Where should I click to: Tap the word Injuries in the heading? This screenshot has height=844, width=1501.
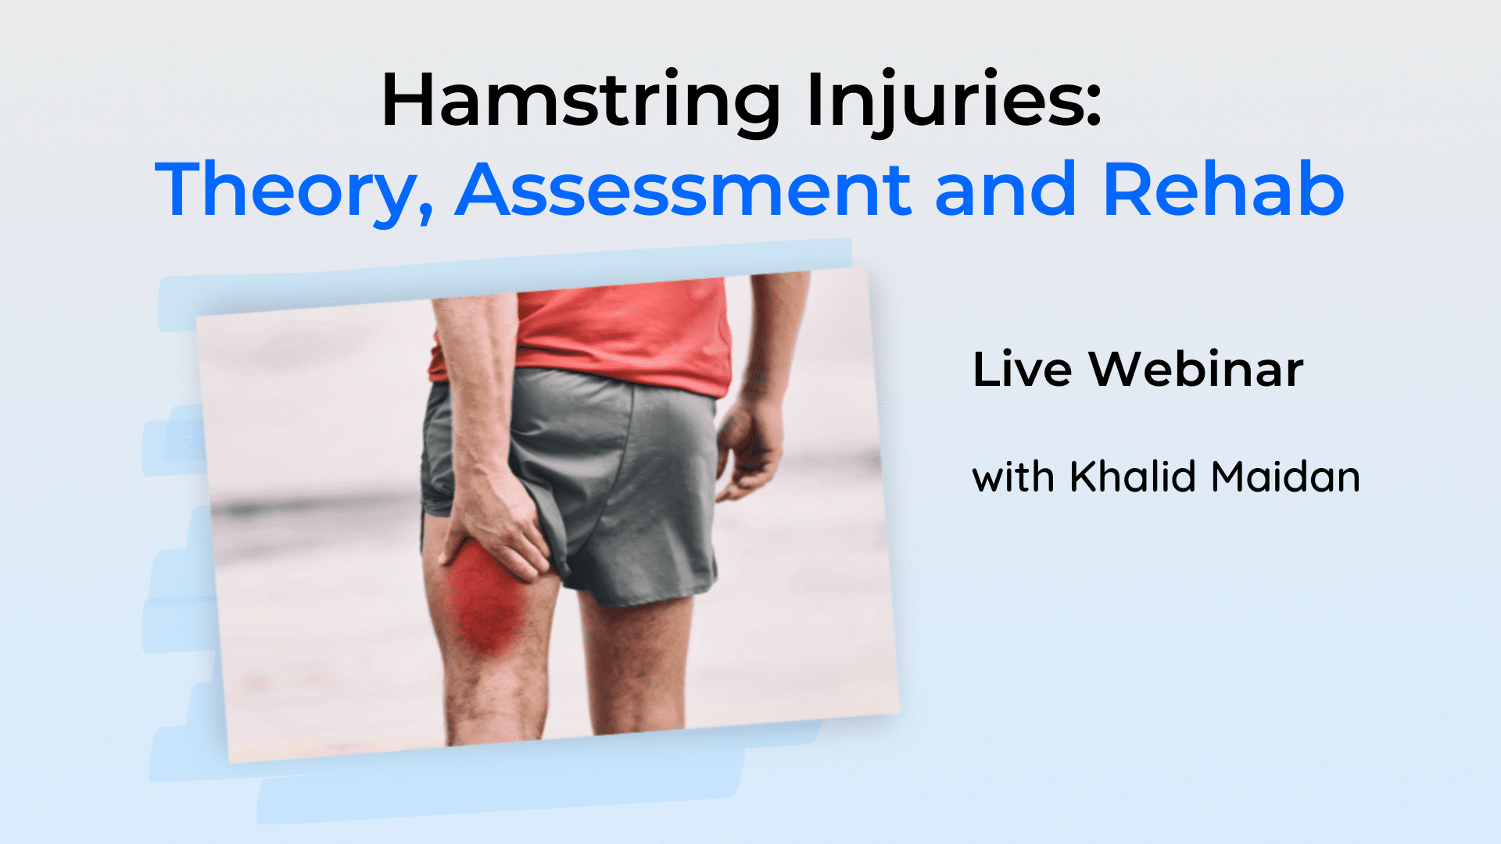coord(942,102)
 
